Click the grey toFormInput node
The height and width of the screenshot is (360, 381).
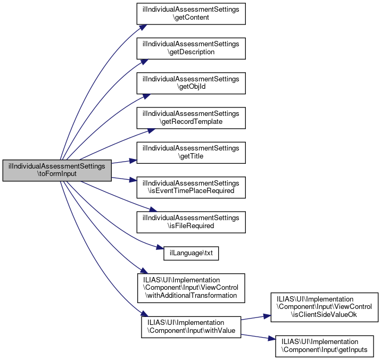pyautogui.click(x=57, y=171)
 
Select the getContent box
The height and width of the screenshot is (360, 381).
pyautogui.click(x=191, y=13)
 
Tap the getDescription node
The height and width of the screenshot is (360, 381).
pyautogui.click(x=191, y=48)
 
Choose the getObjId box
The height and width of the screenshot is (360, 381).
pyautogui.click(x=191, y=82)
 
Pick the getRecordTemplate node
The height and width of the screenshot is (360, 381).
pyautogui.click(x=191, y=117)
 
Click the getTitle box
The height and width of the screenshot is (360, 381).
pyautogui.click(x=191, y=152)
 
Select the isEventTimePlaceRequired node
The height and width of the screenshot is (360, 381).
pyautogui.click(x=191, y=187)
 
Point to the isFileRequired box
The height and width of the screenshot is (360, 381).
pyautogui.click(x=191, y=221)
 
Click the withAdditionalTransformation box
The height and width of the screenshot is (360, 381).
pyautogui.click(x=191, y=288)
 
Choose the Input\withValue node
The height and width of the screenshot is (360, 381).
pyautogui.click(x=191, y=326)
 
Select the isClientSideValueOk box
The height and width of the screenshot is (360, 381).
pyautogui.click(x=325, y=306)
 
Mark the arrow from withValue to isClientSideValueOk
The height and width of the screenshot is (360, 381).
pyautogui.click(x=256, y=317)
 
